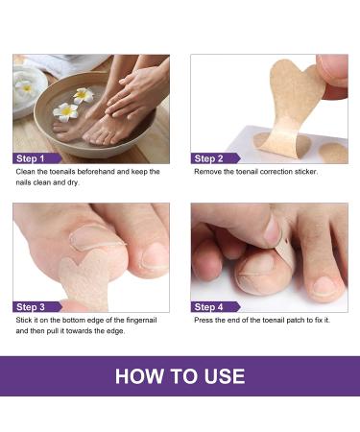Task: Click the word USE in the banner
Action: [223, 375]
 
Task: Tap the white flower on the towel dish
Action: [26, 86]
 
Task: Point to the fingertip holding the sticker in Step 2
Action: [331, 72]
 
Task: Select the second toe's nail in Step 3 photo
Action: [155, 255]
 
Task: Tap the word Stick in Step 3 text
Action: [25, 319]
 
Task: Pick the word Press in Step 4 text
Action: [205, 319]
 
